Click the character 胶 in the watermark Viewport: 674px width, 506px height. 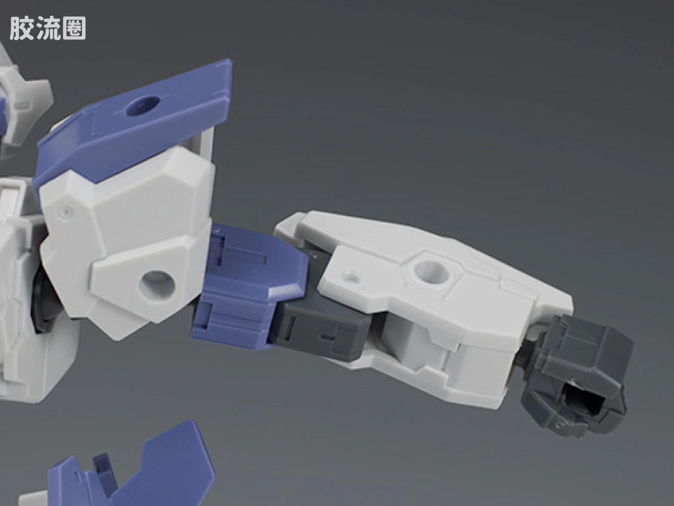pos(22,28)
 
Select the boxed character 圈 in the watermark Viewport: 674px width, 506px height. pos(74,28)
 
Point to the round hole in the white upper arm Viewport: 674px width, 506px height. pos(157,284)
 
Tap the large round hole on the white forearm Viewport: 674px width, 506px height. pos(430,272)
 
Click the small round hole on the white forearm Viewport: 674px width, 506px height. pos(350,277)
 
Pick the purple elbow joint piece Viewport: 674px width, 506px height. pos(249,286)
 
